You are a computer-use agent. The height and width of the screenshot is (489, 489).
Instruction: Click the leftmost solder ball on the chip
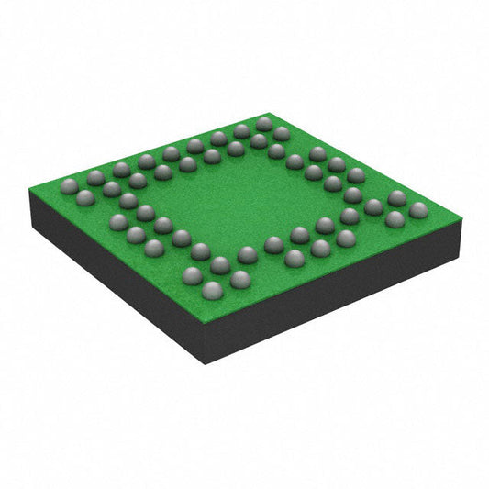69,186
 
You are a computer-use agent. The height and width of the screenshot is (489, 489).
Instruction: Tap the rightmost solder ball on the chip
418,210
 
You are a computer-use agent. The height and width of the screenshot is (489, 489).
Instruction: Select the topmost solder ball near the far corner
264,124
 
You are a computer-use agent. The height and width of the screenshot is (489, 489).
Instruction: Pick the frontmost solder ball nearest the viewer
212,290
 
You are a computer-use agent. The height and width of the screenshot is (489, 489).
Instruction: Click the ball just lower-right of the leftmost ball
85,197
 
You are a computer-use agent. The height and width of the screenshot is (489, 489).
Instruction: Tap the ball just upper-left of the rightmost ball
396,198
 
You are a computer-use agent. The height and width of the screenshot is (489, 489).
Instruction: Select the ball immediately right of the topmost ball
281,134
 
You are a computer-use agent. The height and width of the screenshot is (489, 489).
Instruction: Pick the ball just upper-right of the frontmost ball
240,279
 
